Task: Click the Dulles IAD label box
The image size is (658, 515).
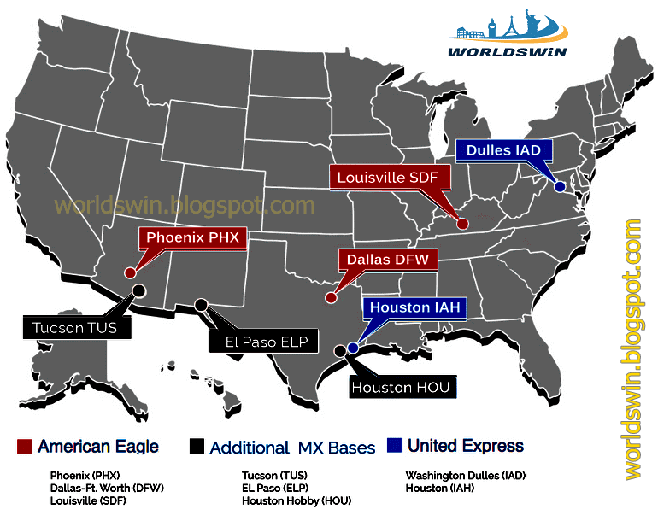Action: click(x=504, y=151)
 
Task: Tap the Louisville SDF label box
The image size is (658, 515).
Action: click(x=383, y=178)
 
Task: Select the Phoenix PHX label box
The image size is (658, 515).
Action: click(x=192, y=237)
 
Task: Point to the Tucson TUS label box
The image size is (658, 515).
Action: click(x=68, y=327)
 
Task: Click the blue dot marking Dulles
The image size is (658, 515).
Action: click(x=560, y=186)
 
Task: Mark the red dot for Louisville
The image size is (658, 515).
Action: click(x=462, y=225)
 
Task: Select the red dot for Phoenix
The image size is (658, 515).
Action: click(x=130, y=273)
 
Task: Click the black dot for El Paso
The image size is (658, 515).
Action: click(x=201, y=305)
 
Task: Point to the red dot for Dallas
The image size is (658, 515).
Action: click(x=331, y=298)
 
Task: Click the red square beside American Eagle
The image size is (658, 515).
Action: click(x=24, y=447)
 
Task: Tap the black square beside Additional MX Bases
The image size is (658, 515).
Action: click(x=197, y=447)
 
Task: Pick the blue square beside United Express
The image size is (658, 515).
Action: click(x=393, y=446)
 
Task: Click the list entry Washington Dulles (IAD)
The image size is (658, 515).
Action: click(x=465, y=475)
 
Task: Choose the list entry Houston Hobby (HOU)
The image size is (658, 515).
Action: click(x=296, y=500)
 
